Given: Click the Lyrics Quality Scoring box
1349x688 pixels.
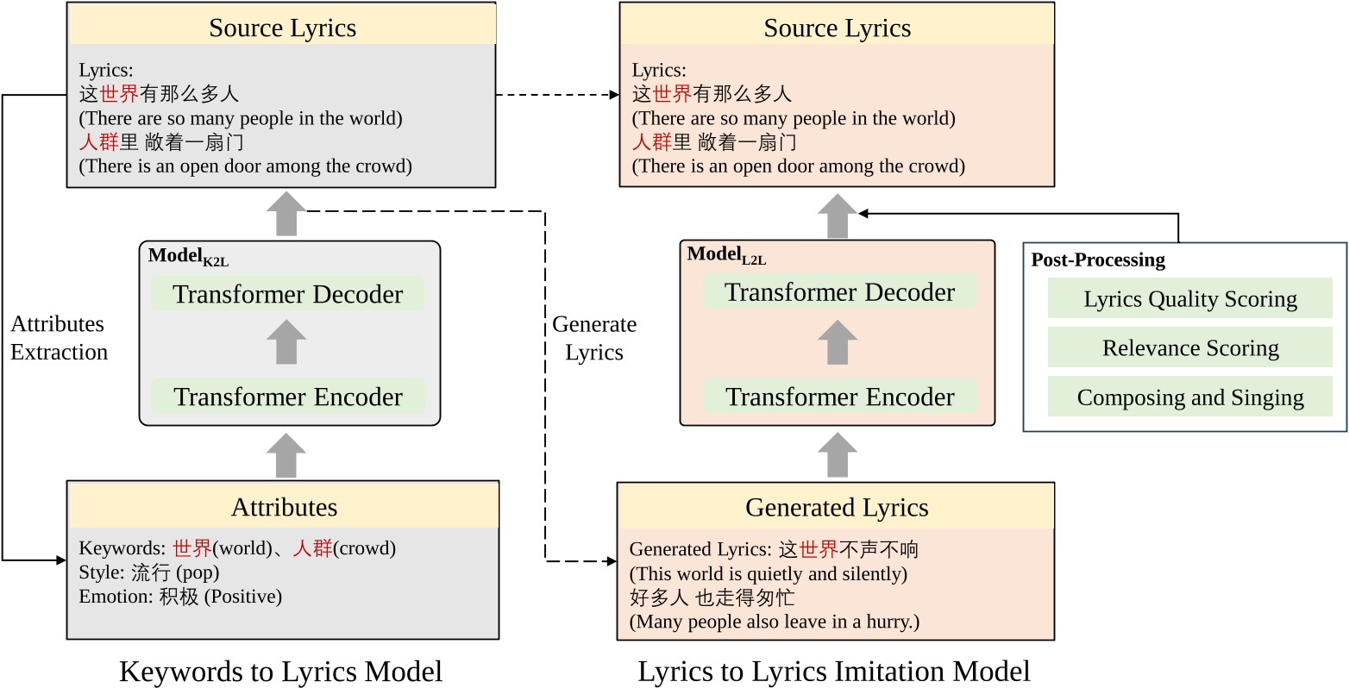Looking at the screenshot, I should (x=1189, y=299).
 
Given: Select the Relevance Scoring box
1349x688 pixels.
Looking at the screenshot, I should (x=1189, y=348).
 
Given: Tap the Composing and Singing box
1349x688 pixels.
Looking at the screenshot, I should (x=1189, y=397).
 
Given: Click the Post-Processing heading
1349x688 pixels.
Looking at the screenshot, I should (x=1097, y=260).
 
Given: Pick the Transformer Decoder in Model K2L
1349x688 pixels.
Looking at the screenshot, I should (x=287, y=294).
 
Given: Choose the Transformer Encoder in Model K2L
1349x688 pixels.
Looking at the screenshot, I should (x=287, y=397).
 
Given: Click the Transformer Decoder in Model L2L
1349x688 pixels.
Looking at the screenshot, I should (x=838, y=292).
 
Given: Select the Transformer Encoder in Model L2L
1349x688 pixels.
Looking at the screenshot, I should (x=838, y=397).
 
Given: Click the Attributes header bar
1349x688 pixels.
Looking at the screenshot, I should (x=283, y=506).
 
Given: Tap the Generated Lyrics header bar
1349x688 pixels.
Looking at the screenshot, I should (x=836, y=508).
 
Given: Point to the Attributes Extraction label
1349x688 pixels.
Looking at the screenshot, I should (x=59, y=338).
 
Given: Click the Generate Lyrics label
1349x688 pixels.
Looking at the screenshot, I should (x=593, y=338).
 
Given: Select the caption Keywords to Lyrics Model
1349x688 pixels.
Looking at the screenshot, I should (x=280, y=671).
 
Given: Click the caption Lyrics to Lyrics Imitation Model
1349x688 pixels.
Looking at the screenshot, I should (x=833, y=671).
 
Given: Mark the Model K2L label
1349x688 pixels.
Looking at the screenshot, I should (x=187, y=256).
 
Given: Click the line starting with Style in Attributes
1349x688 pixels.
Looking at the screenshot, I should (x=148, y=572).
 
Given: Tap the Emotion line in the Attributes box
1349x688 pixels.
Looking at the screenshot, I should (x=179, y=597).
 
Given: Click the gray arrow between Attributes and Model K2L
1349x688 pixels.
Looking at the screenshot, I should (x=285, y=455).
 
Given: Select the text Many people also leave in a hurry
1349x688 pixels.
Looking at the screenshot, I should (x=774, y=622).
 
